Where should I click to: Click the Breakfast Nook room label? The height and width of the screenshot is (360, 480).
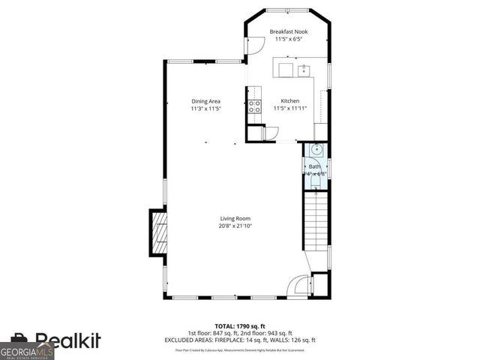click(289, 31)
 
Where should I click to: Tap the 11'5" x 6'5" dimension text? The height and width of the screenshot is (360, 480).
click(289, 39)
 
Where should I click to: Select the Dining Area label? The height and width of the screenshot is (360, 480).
click(205, 101)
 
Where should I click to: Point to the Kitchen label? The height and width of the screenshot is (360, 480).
click(290, 101)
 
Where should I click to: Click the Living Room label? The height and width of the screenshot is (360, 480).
click(235, 218)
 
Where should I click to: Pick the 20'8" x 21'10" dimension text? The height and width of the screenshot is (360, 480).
click(235, 226)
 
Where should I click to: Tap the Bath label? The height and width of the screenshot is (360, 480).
click(314, 166)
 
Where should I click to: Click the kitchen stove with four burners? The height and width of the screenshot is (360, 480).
click(254, 106)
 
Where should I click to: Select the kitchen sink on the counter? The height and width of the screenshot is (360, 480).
click(305, 70)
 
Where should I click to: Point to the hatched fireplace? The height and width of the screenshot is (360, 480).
click(158, 233)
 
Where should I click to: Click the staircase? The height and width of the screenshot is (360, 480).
click(316, 221)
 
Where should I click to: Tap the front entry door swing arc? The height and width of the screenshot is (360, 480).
click(299, 286)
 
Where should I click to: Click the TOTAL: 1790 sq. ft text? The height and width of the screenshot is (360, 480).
click(239, 326)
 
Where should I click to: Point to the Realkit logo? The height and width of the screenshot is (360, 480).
click(67, 341)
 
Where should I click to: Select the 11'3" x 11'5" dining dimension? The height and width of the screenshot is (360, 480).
click(205, 109)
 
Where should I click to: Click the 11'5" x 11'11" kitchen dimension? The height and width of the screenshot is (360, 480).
click(290, 109)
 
